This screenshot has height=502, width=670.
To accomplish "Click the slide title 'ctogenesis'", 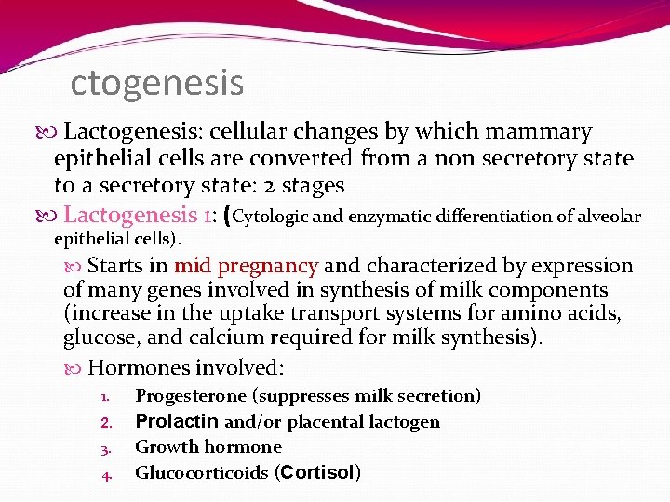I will (157, 83).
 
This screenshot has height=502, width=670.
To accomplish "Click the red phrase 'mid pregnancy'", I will (246, 266).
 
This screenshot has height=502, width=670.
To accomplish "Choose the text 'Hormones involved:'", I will (185, 367).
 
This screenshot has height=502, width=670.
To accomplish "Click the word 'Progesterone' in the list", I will (191, 396).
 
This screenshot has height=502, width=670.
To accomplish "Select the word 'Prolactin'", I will (177, 422).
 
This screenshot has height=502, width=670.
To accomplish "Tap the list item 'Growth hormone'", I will (208, 447).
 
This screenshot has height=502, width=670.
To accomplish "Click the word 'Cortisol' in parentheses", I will (315, 473).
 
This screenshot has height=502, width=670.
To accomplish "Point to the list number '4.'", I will (107, 476).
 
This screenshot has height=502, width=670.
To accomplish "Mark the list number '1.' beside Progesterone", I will (107, 398).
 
